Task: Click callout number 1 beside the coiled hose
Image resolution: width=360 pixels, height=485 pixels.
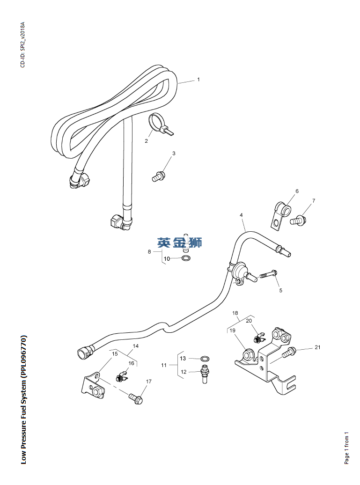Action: coord(198,80)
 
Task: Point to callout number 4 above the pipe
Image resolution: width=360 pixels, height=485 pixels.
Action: coord(241,215)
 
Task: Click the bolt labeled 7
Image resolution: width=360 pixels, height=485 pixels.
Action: coord(298,220)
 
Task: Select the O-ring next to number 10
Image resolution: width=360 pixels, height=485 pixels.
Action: coord(186,258)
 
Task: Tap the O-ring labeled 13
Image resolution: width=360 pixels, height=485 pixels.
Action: coord(205,359)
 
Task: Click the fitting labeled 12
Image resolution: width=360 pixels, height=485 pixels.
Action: coord(204,374)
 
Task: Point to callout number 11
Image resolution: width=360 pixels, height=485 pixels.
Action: coord(164,365)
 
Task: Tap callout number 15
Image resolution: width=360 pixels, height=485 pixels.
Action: coord(115,354)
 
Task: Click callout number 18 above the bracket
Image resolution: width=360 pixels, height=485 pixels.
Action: coord(235,313)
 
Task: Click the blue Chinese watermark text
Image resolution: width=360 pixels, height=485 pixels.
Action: coord(179,242)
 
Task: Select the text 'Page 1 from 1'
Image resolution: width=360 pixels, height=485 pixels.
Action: coord(347,448)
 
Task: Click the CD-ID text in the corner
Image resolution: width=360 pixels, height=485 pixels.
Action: coord(22,44)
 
